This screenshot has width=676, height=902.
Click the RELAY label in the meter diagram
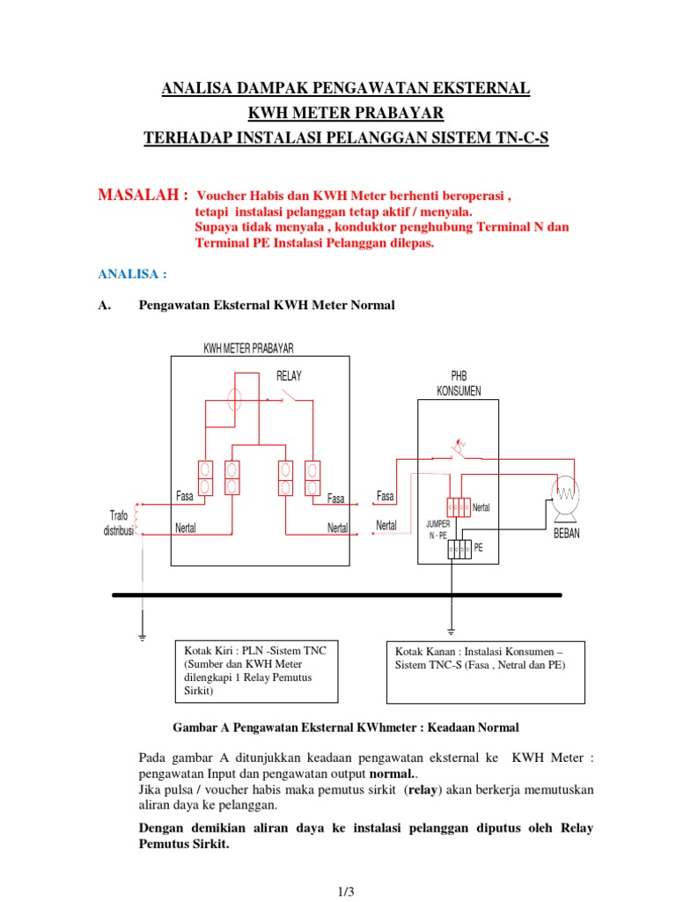(x=289, y=376)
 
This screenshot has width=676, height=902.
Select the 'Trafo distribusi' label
(x=118, y=523)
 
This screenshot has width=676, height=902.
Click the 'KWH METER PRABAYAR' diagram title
(x=249, y=349)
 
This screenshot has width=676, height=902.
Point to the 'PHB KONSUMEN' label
(x=459, y=384)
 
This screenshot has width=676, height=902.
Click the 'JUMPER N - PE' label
(x=437, y=529)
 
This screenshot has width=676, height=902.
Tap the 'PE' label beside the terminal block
(x=479, y=547)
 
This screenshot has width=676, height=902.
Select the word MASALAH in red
(x=141, y=194)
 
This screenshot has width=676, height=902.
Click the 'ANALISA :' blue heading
(x=132, y=274)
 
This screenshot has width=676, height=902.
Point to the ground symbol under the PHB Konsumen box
(x=451, y=631)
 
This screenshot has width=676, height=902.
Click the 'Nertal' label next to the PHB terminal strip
(x=481, y=507)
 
